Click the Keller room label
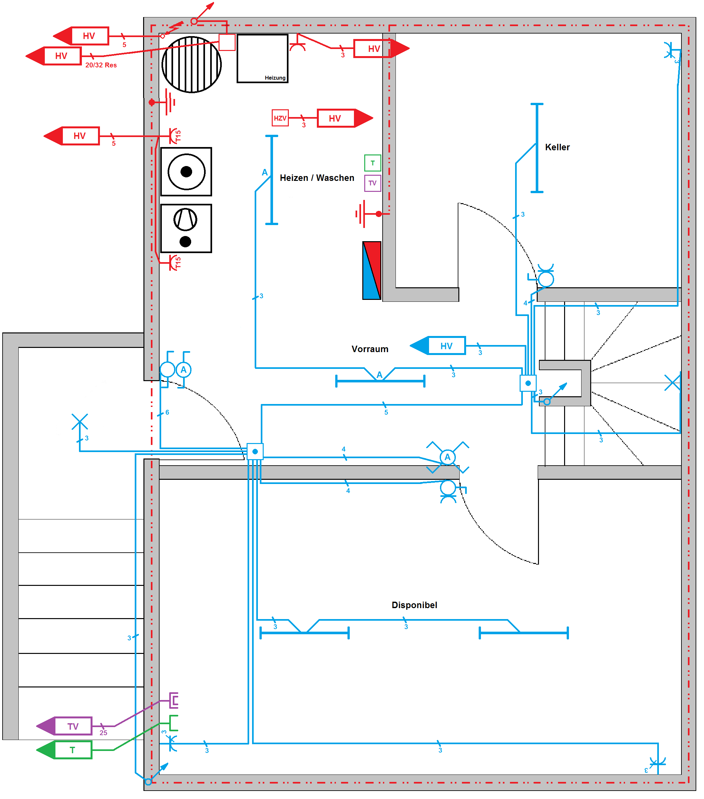557,147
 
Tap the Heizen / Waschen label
317,178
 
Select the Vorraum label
370,349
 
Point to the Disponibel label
414,605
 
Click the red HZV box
280,118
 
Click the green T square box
373,163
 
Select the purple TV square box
373,183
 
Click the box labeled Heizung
262,59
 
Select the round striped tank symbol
191,64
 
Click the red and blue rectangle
372,271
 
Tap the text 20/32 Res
101,65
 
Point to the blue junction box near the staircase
528,383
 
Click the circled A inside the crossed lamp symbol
447,457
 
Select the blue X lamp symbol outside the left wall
80,422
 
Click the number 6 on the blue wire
167,412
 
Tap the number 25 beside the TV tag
103,733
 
